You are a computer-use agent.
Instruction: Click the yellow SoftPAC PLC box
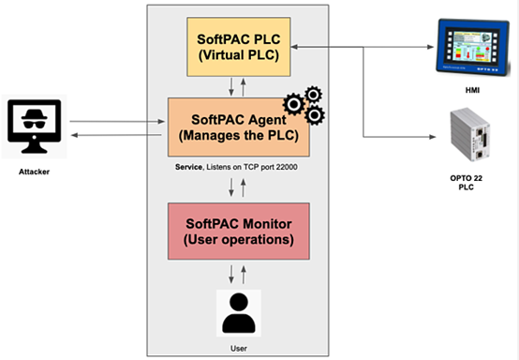(239, 47)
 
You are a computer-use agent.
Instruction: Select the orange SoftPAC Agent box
(239, 127)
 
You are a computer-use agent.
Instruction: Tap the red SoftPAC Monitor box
(239, 232)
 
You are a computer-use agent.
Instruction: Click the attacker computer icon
(35, 127)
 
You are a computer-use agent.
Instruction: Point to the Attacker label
(34, 172)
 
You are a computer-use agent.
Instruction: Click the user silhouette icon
(239, 313)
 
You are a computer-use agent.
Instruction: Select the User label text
(239, 349)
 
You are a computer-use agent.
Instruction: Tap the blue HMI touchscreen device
(473, 48)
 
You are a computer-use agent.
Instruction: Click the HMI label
(472, 90)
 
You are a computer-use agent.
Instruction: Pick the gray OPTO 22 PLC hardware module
(470, 134)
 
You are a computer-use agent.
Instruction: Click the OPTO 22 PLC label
(466, 183)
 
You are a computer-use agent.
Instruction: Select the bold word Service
(188, 167)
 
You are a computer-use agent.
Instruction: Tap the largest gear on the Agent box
(294, 104)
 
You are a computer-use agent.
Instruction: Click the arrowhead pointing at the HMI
(431, 47)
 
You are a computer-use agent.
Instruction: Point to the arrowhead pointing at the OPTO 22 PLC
(433, 137)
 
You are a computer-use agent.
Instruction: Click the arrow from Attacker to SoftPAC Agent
(117, 122)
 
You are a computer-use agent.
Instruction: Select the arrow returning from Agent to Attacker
(116, 135)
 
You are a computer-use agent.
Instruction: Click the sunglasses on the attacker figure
(35, 124)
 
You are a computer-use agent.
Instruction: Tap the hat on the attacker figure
(35, 114)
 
